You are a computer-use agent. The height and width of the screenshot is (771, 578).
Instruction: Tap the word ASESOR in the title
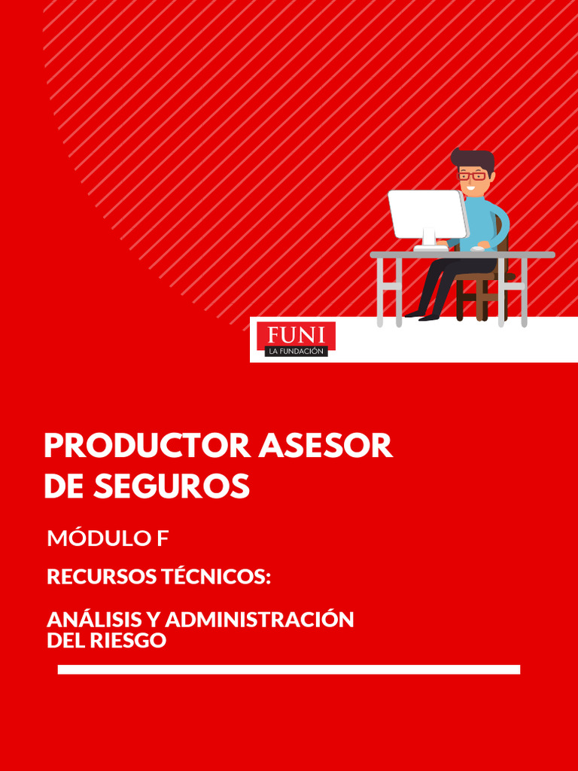coord(325,446)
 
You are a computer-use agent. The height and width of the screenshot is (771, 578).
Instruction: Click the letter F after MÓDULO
coord(163,538)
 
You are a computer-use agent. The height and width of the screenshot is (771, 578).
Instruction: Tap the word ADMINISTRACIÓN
coord(260,620)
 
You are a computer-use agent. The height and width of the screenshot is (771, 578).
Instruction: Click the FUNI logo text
coord(296,334)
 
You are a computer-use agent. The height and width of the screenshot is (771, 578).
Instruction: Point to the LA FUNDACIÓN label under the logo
coord(296,351)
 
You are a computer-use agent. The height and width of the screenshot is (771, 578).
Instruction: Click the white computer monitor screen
coord(427,213)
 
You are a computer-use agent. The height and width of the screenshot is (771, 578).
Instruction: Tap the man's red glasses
coord(472,176)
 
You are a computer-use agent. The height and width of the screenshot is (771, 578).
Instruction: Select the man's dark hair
coord(473,159)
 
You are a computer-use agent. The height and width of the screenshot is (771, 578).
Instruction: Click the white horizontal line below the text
coord(289,669)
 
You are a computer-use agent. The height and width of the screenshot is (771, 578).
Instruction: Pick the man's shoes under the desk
coord(422,315)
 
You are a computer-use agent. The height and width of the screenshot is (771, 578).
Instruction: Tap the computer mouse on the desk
coord(477,248)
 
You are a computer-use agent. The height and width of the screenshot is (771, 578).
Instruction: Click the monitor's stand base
coord(430,247)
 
